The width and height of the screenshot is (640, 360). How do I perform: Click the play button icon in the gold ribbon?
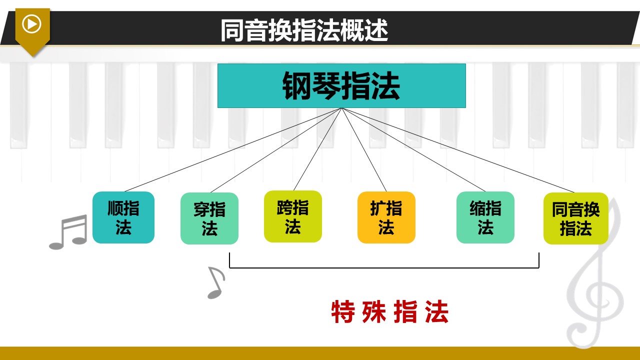click(31, 24)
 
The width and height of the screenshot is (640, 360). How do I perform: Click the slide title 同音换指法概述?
click(304, 30)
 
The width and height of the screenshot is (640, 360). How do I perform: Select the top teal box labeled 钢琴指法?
click(341, 85)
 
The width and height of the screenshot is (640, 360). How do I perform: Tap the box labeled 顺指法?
click(123, 217)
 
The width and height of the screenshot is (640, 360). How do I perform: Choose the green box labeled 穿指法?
click(209, 218)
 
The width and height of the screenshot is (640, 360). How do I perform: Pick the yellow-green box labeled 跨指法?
click(293, 216)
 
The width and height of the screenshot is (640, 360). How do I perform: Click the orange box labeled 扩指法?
click(386, 217)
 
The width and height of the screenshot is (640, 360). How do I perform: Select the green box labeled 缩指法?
click(485, 217)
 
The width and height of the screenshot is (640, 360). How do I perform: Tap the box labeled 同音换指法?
click(575, 218)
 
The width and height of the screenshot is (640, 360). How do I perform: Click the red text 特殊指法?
click(389, 311)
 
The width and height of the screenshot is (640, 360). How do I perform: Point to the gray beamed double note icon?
click(68, 232)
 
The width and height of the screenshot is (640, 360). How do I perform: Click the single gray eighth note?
click(216, 283)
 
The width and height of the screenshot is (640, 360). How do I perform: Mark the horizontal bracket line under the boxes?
click(384, 267)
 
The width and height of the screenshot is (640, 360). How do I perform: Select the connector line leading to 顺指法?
click(233, 149)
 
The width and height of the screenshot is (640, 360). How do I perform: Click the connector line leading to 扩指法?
click(364, 149)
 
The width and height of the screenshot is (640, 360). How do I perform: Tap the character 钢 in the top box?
click(297, 85)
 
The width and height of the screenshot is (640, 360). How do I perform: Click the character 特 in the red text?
click(343, 311)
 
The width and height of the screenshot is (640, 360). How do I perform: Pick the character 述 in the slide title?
click(376, 30)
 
